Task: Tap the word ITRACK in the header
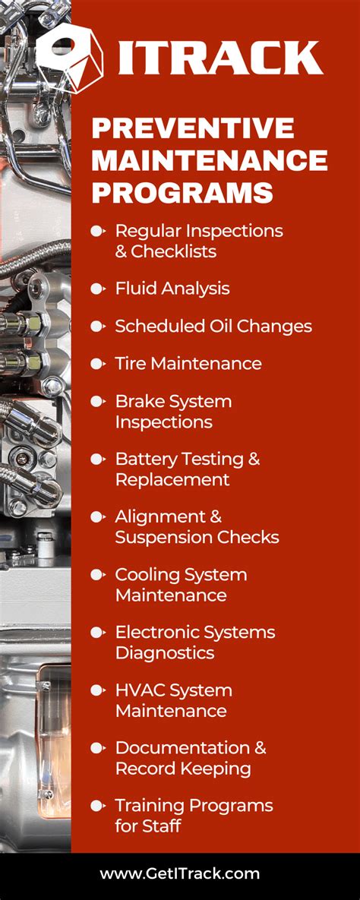[x=220, y=58]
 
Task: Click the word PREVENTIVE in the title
[x=192, y=128]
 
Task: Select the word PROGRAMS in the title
[x=182, y=192]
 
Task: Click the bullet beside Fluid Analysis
[x=97, y=289]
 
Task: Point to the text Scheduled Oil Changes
[x=213, y=327]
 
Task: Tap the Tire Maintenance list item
[x=188, y=364]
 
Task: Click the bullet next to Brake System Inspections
[x=97, y=401]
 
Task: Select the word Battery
[x=146, y=459]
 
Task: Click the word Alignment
[x=159, y=516]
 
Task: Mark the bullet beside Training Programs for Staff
[x=97, y=805]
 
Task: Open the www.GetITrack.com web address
[x=180, y=874]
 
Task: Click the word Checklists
[x=174, y=251]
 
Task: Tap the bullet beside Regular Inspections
[x=97, y=230]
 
